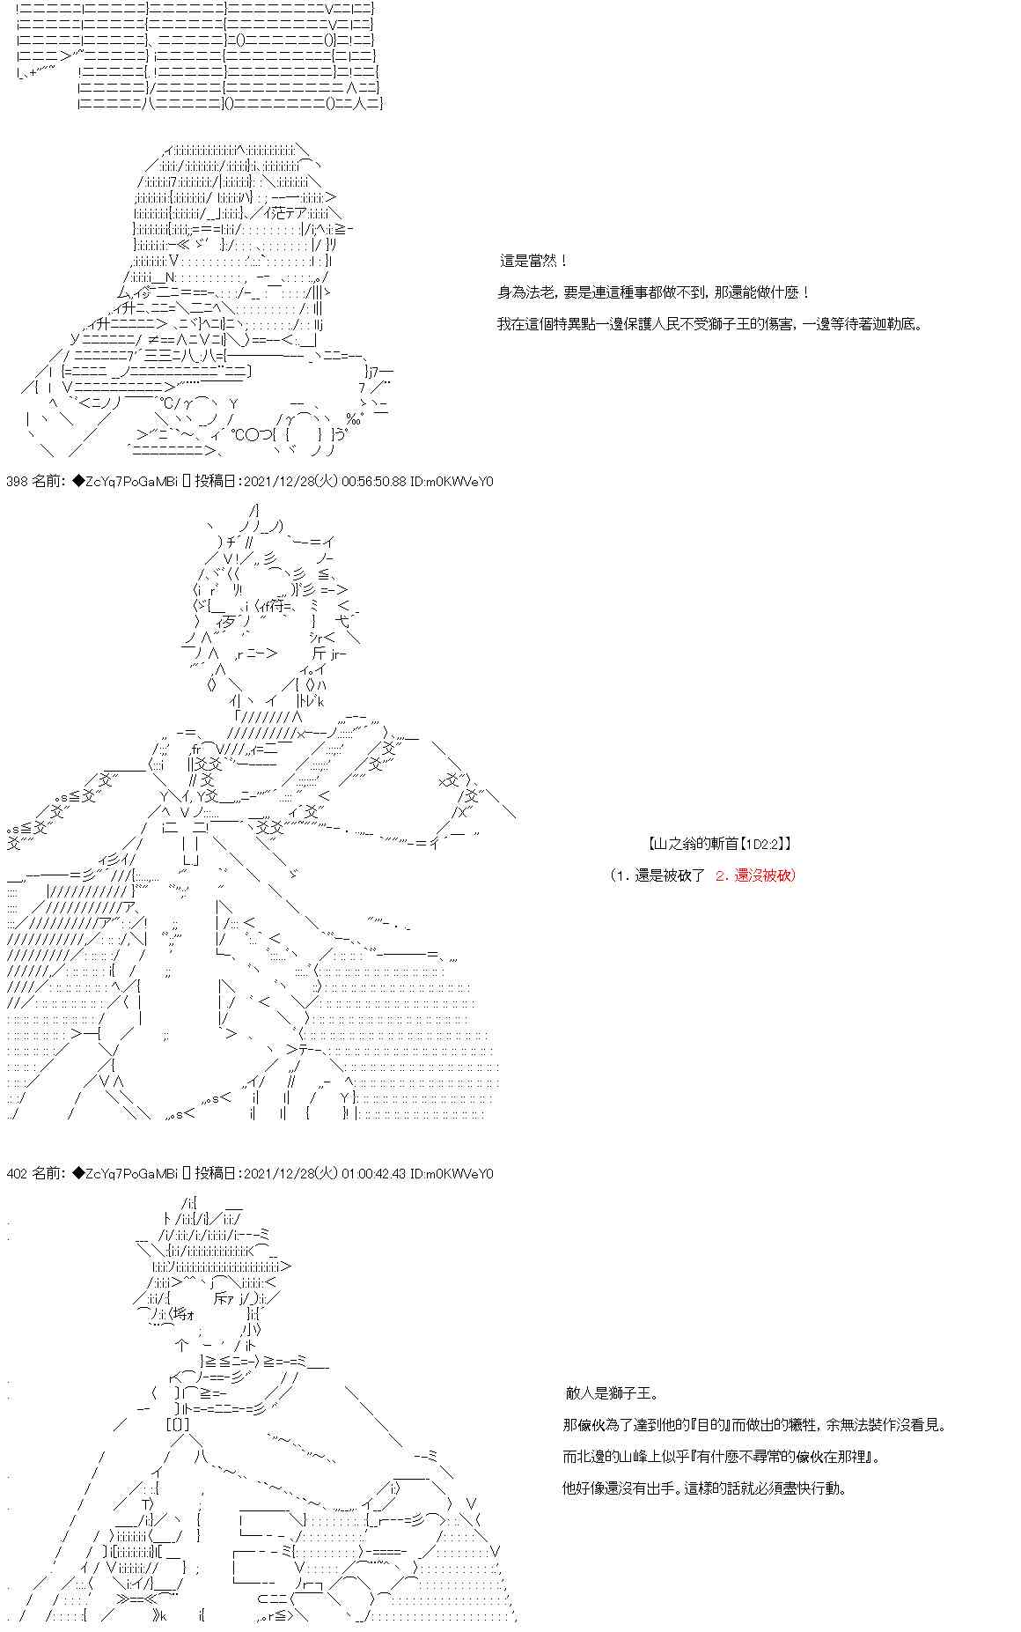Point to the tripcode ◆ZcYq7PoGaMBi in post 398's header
[x=125, y=482]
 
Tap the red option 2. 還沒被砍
[x=755, y=875]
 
